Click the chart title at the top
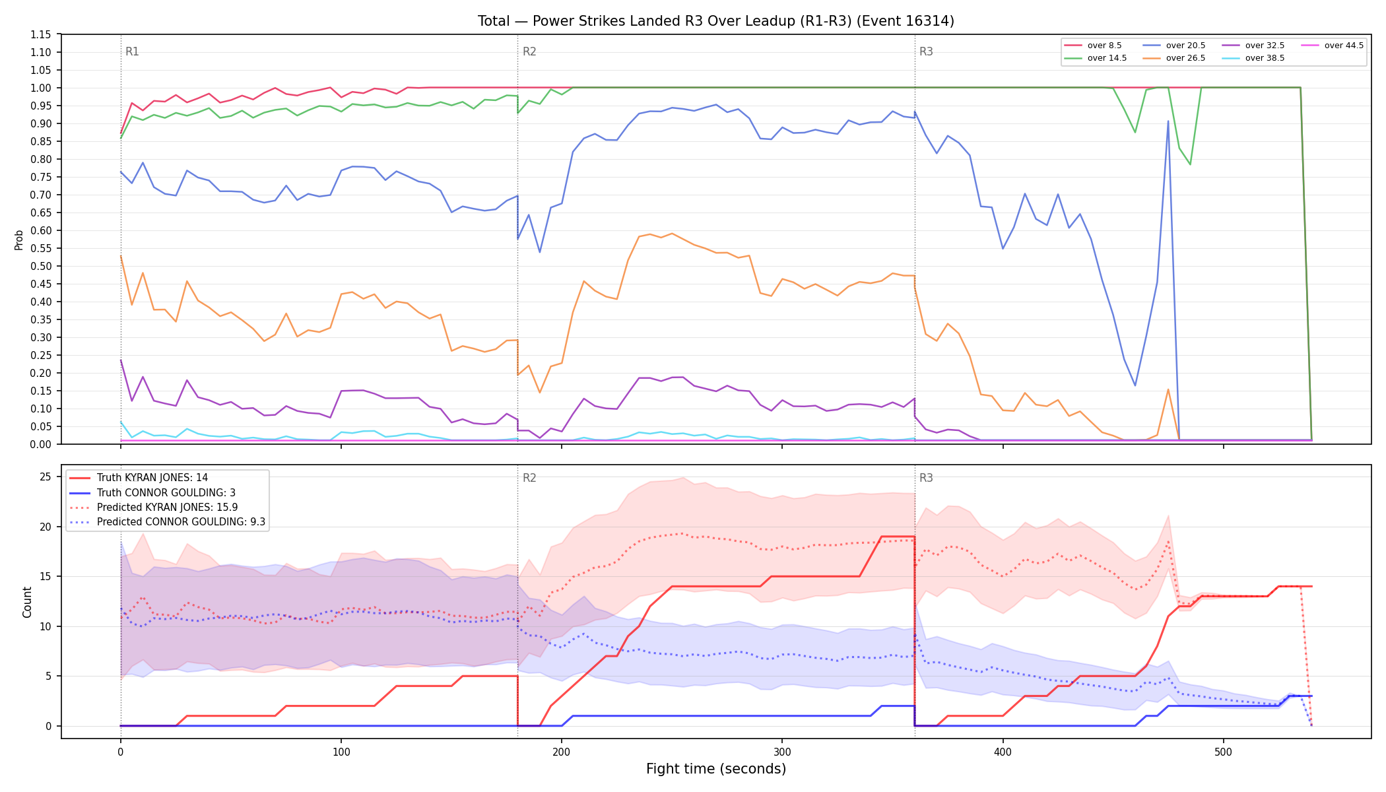pyautogui.click(x=716, y=21)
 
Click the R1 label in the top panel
pyautogui.click(x=132, y=51)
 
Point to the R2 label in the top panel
pyautogui.click(x=529, y=51)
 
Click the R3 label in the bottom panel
pyautogui.click(x=926, y=478)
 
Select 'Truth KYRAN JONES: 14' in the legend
pyautogui.click(x=152, y=478)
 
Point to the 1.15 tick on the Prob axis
pyautogui.click(x=42, y=34)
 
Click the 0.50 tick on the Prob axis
pyautogui.click(x=42, y=266)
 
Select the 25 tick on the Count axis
pyautogui.click(x=46, y=477)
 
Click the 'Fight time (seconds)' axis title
pyautogui.click(x=716, y=769)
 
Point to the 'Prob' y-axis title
pyautogui.click(x=18, y=240)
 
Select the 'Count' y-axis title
pyautogui.click(x=27, y=602)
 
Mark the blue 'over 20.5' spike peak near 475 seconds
pyautogui.click(x=1168, y=121)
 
